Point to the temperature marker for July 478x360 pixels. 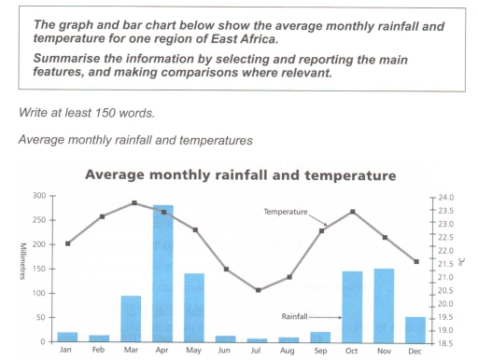click(x=258, y=290)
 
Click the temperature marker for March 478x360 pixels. click(x=134, y=203)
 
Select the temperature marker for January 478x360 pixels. click(x=67, y=243)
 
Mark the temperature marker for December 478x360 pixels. click(x=415, y=262)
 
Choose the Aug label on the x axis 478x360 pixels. click(x=289, y=352)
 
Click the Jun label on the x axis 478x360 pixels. click(x=226, y=352)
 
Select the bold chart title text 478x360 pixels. click(x=241, y=175)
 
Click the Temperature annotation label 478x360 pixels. click(x=285, y=213)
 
